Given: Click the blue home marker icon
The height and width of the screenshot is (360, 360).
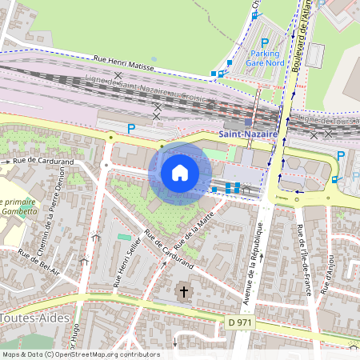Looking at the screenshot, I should coord(180,173).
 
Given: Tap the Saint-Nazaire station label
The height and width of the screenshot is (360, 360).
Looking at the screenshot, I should coord(249,135).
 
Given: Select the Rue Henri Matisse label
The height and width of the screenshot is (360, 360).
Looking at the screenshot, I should coord(123,60).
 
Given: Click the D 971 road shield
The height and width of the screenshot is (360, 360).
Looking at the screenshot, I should coord(239,322).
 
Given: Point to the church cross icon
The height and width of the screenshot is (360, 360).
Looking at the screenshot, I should coord(184,292).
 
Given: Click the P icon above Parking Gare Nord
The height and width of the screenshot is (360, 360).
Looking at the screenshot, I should coord(265,42).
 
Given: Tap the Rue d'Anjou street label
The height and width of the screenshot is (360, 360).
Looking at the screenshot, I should coord(329,274).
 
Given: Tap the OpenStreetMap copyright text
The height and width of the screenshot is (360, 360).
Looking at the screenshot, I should coord(80,354).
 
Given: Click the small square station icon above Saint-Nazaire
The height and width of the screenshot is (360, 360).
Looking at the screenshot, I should coord(249,122).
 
